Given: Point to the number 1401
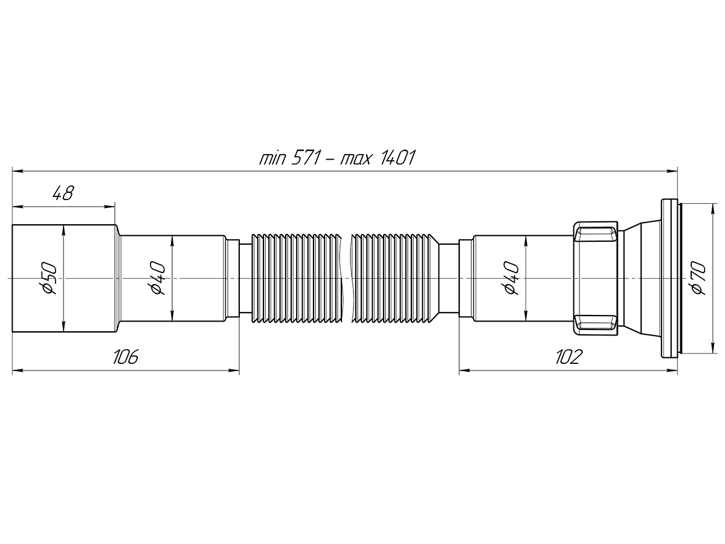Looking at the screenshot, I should [x=396, y=159].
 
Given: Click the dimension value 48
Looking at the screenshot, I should [x=63, y=194].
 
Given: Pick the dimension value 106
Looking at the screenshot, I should [x=126, y=357].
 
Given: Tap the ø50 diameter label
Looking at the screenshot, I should [x=49, y=279].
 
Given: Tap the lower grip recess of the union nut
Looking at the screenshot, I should [x=596, y=323].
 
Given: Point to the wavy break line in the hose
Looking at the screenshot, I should [x=346, y=278].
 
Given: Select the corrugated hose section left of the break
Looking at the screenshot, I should [x=296, y=278].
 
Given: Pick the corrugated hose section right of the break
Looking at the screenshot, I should [x=393, y=278].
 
